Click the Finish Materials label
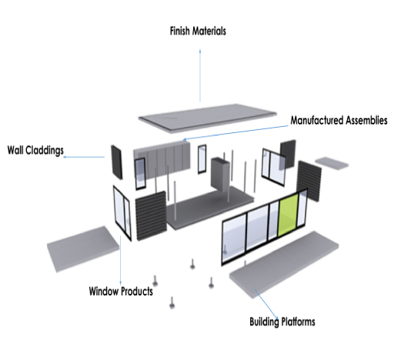[198, 31]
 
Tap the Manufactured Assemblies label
[339, 120]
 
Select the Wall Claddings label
[35, 150]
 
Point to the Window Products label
[121, 292]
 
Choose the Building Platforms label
[282, 322]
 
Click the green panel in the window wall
[289, 215]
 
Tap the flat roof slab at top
[207, 118]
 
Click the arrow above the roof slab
[200, 75]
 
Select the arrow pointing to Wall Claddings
[84, 157]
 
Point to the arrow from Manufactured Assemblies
[235, 133]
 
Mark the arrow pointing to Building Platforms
[266, 304]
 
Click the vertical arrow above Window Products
[120, 261]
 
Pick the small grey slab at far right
[332, 163]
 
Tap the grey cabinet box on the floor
[220, 175]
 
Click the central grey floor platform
[210, 207]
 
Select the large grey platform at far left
[83, 248]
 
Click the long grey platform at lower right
[284, 264]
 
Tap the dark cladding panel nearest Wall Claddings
[117, 162]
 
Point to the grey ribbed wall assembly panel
[162, 159]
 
